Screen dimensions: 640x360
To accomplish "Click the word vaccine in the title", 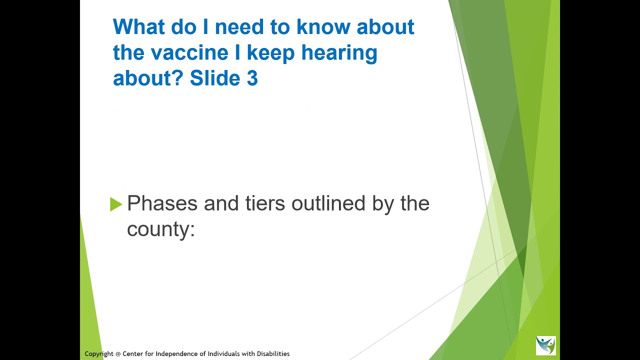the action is click(x=189, y=52).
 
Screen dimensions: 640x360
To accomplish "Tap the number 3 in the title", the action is click(x=252, y=77).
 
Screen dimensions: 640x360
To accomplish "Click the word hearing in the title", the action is click(x=339, y=53).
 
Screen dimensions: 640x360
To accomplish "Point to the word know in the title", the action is click(x=323, y=26).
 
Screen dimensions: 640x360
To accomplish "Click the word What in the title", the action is click(x=139, y=26).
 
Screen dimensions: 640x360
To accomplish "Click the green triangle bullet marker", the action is click(x=116, y=204).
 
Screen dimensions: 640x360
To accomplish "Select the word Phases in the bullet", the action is click(x=162, y=203).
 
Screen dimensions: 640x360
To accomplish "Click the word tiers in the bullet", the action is click(x=265, y=203).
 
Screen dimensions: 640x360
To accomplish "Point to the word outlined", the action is click(x=328, y=203).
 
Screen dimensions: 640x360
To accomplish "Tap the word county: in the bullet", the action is click(x=161, y=229).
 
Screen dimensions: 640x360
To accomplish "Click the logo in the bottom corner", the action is click(x=546, y=345).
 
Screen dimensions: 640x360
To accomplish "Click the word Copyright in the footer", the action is click(x=99, y=354).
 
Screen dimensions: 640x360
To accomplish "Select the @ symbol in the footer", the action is click(x=118, y=354).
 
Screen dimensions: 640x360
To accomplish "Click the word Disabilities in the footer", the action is click(x=273, y=353).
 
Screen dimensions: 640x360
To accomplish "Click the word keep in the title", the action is click(x=270, y=53).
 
